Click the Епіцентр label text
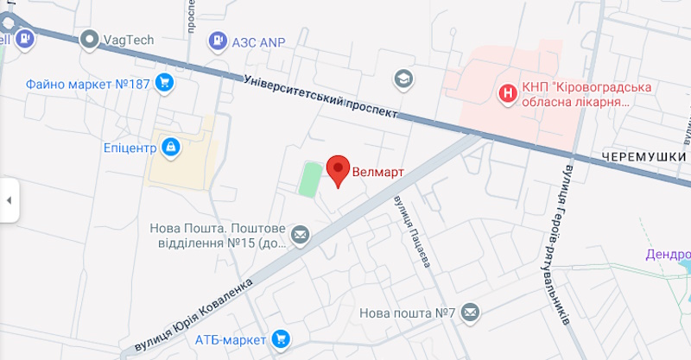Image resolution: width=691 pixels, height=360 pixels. tap(129, 148)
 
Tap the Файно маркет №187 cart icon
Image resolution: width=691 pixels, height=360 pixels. tap(164, 84)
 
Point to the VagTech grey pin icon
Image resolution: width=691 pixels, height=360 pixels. tap(89, 39)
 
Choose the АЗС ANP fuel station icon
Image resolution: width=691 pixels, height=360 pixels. tap(216, 40)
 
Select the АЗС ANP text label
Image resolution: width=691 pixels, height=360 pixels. tap(258, 41)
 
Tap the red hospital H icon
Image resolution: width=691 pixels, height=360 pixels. tap(510, 92)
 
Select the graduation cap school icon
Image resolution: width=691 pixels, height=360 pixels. tap(403, 79)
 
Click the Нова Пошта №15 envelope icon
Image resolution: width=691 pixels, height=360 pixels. tap(300, 234)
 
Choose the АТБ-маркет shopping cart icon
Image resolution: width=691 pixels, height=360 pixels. tap(280, 339)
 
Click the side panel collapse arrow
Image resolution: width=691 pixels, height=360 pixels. tap(9, 200)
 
